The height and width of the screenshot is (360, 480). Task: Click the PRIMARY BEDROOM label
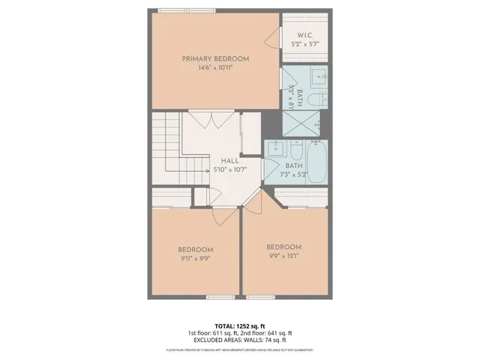click(x=215, y=58)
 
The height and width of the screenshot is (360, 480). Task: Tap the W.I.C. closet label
click(x=304, y=35)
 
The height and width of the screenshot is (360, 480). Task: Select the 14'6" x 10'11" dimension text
click(x=215, y=68)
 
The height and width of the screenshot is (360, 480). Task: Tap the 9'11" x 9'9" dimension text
click(x=195, y=259)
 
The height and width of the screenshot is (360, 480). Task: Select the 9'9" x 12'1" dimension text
click(x=283, y=256)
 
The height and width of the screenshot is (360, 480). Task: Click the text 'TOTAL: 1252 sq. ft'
click(x=239, y=325)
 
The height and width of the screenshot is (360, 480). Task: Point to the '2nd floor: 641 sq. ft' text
click(x=266, y=333)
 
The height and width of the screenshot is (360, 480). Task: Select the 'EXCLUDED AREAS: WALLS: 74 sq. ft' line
click(x=239, y=340)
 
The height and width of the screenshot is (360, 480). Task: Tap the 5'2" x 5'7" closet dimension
click(x=304, y=45)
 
